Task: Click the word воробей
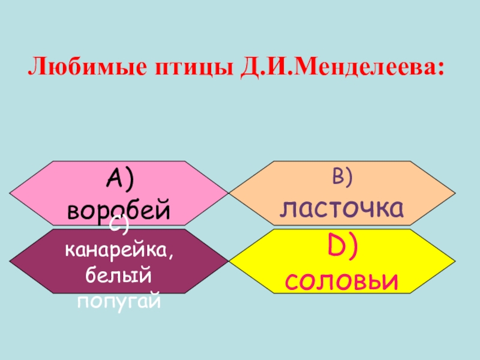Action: coord(119,211)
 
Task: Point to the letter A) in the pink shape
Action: coord(119,178)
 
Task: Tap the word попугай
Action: coord(119,300)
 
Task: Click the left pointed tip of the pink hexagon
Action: coord(11,194)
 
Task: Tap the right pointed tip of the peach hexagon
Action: coord(455,194)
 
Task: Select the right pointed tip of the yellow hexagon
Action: coord(455,261)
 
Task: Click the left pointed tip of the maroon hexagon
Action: coord(11,261)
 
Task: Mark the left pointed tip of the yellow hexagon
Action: coord(230,261)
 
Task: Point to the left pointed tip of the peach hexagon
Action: coord(230,194)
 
